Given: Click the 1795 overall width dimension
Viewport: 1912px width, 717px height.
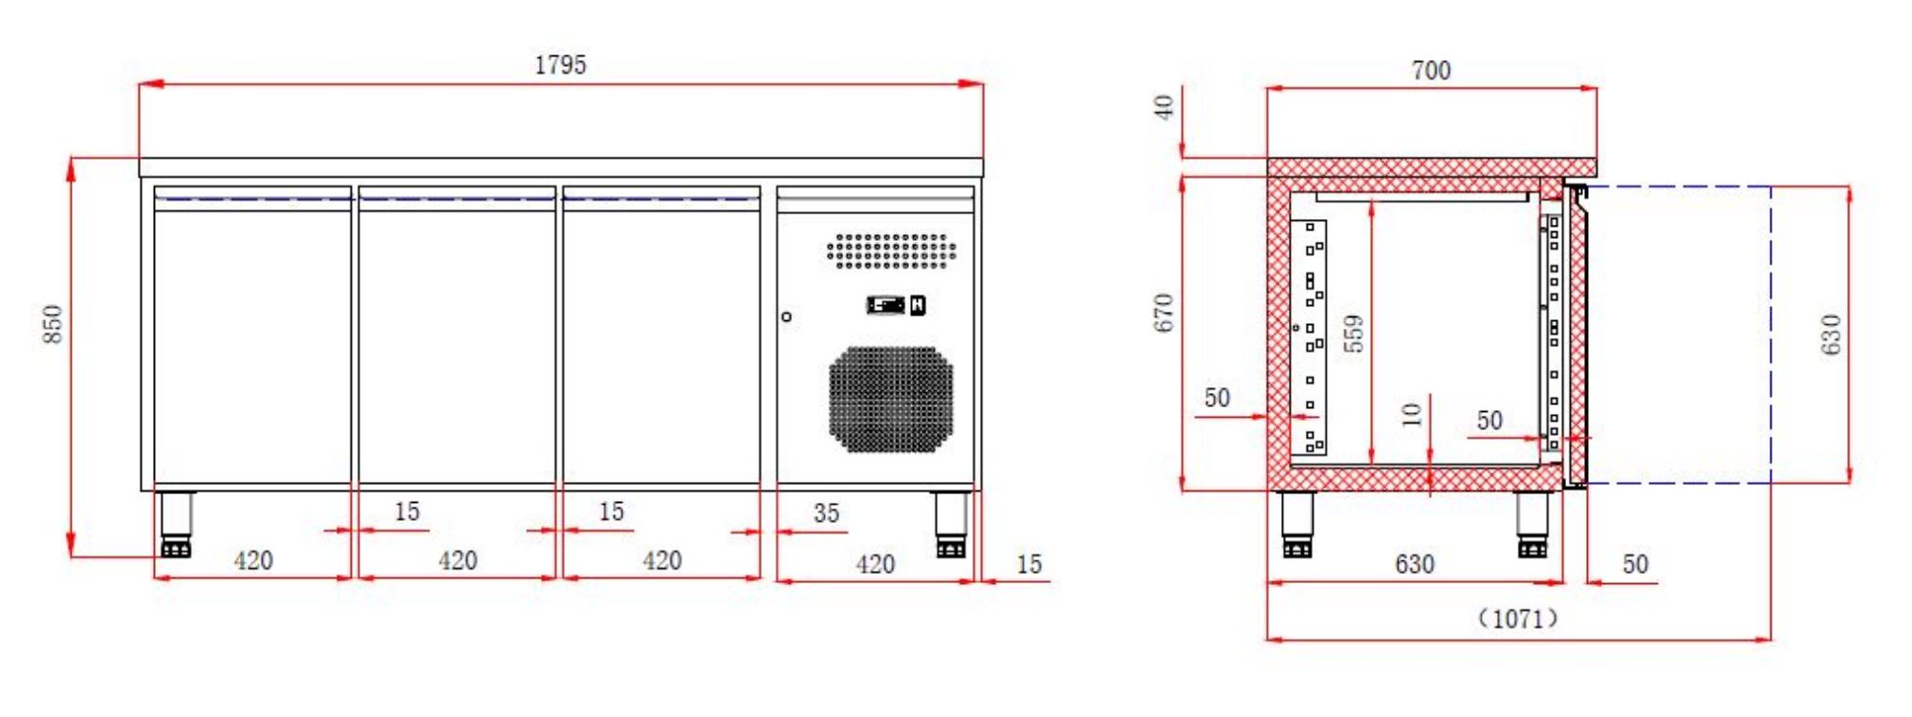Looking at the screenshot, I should pos(560,65).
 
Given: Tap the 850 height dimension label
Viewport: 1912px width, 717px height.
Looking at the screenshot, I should pos(54,325).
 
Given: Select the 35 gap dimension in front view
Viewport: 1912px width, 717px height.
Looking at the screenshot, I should pos(826,513).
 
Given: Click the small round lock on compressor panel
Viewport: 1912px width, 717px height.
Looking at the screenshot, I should pos(787,316).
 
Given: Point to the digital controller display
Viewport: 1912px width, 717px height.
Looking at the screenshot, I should pos(885,305).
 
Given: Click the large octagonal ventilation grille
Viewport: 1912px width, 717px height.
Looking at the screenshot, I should pos(890,399).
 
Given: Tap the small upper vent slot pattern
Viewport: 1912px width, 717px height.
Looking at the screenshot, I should pos(891,250).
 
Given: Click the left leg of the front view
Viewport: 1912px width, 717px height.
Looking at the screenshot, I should pos(176,524).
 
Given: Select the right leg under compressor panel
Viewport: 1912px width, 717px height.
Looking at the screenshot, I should pos(950,524).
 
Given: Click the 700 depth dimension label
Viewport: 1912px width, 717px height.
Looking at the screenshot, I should pos(1430,71).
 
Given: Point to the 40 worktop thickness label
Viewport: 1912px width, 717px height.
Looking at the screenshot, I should pos(1164,107).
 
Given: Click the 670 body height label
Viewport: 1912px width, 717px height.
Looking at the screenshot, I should pos(1163,314).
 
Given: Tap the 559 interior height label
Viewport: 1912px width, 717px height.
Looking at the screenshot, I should pos(1354,334).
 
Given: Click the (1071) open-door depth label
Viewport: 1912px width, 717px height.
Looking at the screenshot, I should pos(1518,619).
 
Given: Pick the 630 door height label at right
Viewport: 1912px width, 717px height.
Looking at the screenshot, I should pos(1831,334).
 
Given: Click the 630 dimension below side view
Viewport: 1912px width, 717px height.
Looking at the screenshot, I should pos(1414,564).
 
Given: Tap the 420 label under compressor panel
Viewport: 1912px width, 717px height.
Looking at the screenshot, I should pos(875,564).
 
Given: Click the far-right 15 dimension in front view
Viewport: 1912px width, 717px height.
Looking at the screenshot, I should pos(1029,564).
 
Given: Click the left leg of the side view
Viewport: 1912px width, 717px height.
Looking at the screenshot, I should pos(1297,524).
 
